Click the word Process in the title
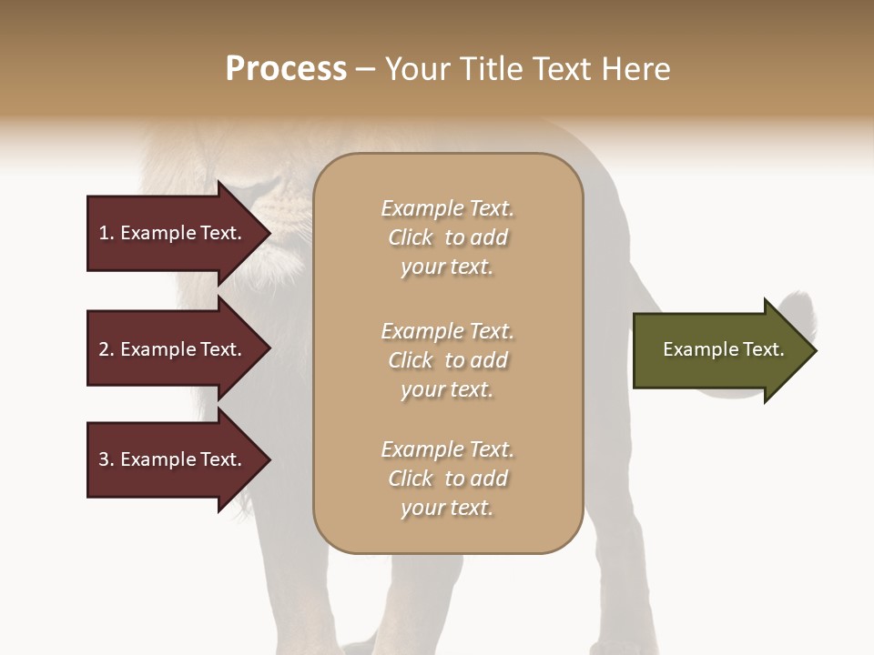pos(286,69)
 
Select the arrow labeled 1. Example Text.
pos(173,233)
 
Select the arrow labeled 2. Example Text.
pos(173,349)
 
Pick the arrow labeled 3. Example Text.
pos(173,459)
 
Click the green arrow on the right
pos(719,350)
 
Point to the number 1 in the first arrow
pos(104,233)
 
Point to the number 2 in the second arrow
pos(104,349)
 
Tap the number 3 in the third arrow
pos(104,459)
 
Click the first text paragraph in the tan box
pos(447,237)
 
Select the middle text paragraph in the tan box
pos(447,360)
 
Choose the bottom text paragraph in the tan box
pos(447,479)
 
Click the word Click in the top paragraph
pos(410,237)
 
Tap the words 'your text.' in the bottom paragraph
pos(447,508)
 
